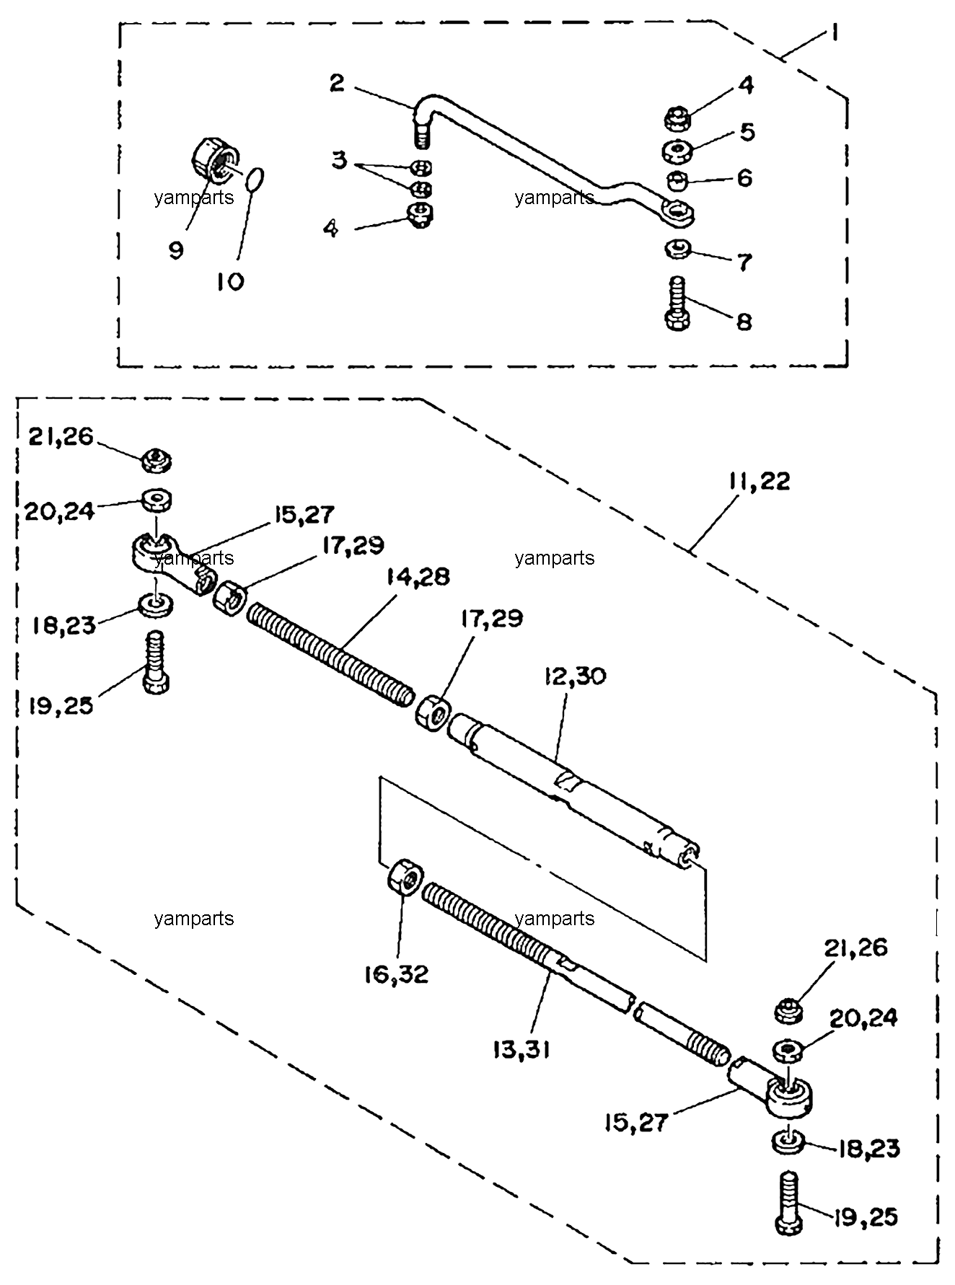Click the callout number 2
pyautogui.click(x=337, y=83)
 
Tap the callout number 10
pyautogui.click(x=230, y=281)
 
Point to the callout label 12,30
pyautogui.click(x=576, y=677)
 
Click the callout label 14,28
pyautogui.click(x=418, y=577)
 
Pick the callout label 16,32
pyautogui.click(x=396, y=974)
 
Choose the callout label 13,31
pyautogui.click(x=521, y=1051)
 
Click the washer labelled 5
pyautogui.click(x=679, y=151)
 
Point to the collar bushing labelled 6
pyautogui.click(x=677, y=180)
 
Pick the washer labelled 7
pyautogui.click(x=678, y=250)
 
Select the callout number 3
pyautogui.click(x=339, y=160)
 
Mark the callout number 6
pyautogui.click(x=744, y=177)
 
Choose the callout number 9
pyautogui.click(x=176, y=250)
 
